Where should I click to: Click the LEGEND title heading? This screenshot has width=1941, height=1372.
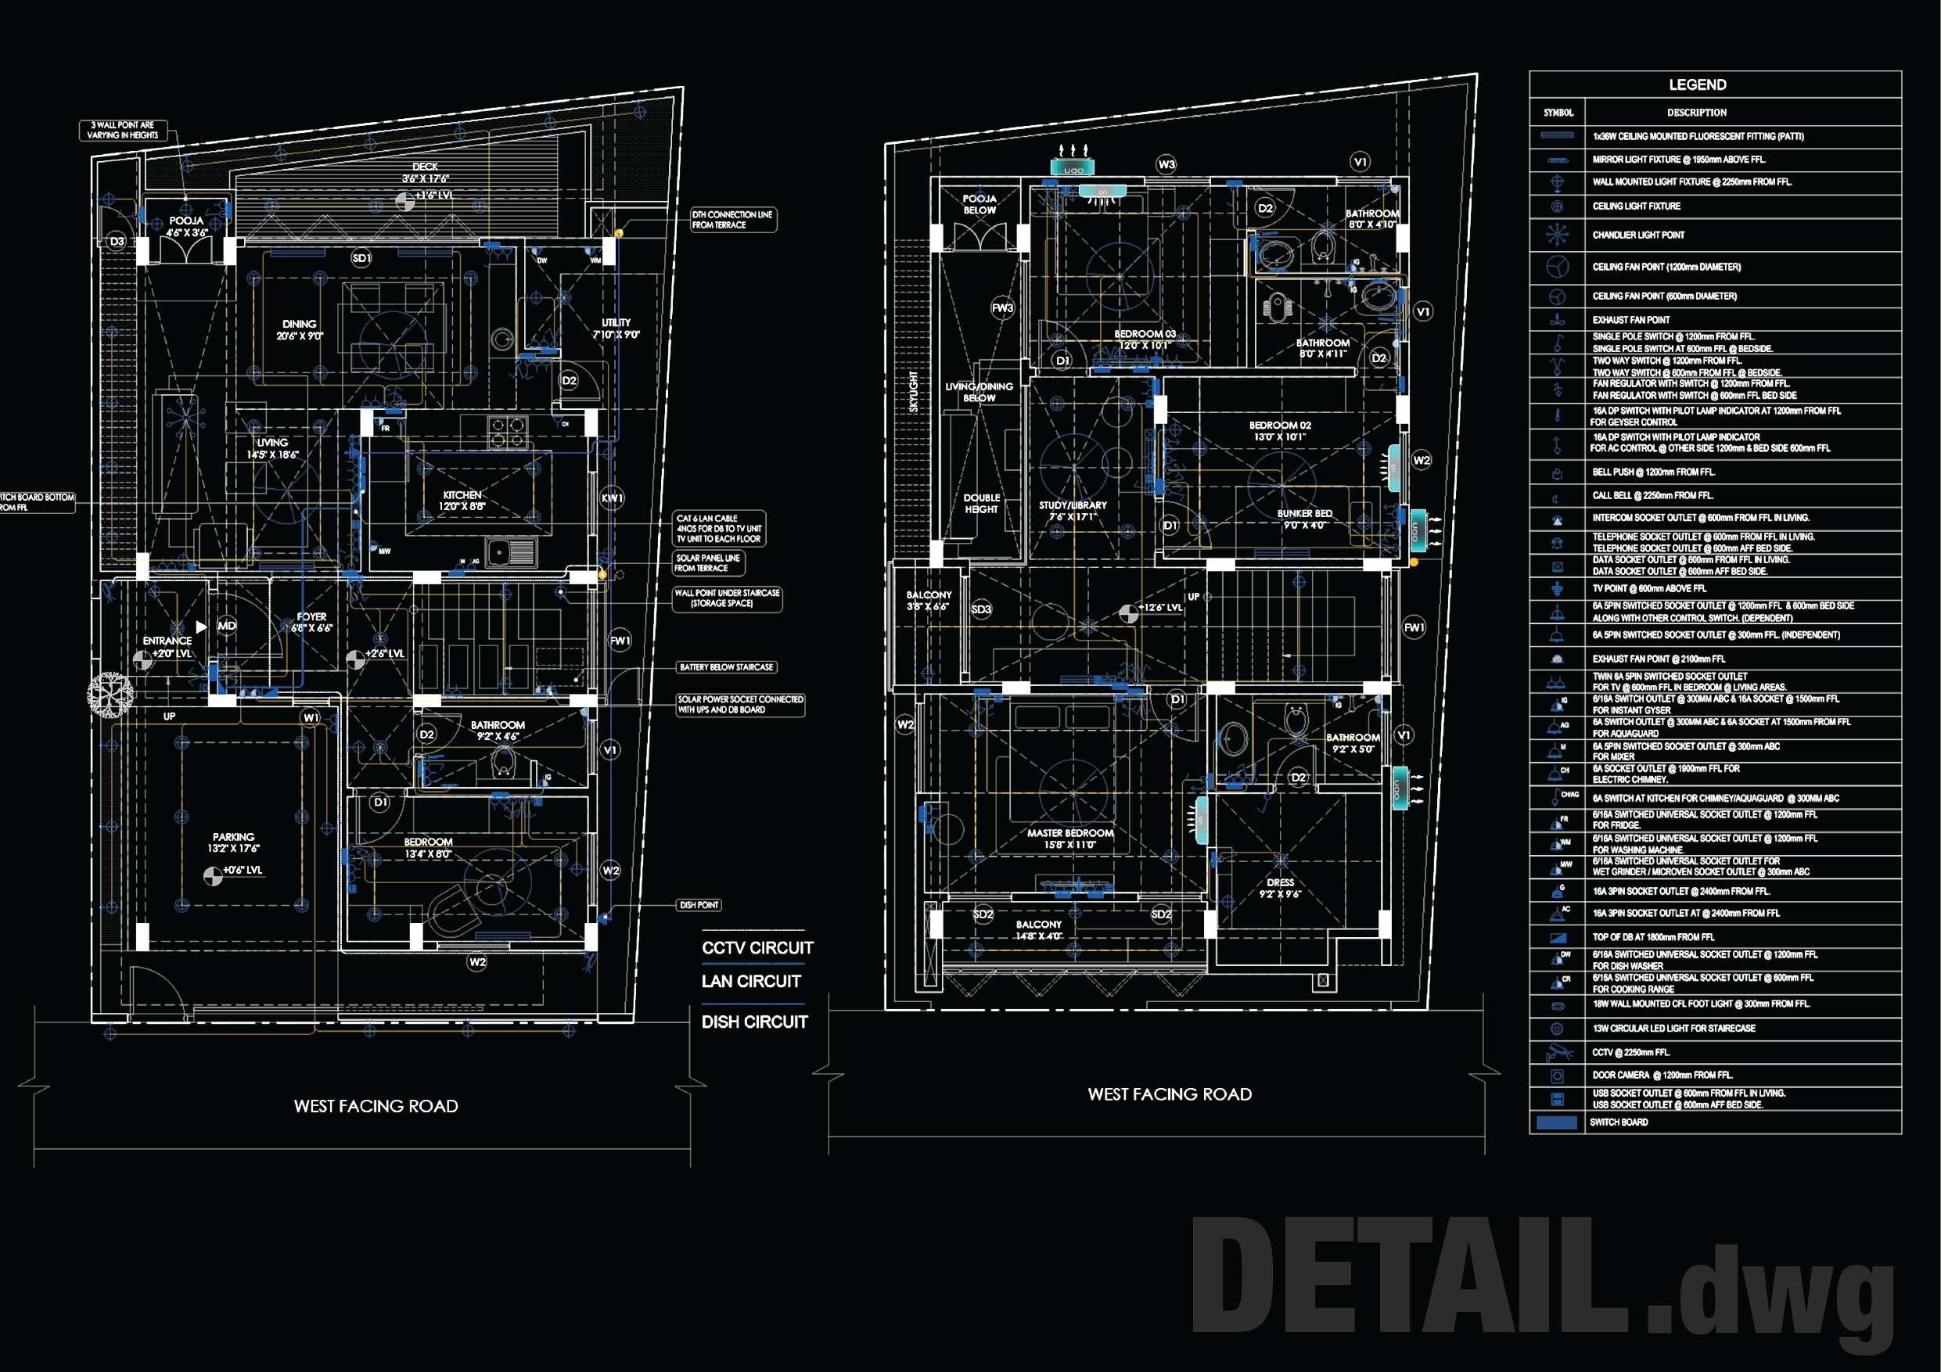[x=1697, y=84]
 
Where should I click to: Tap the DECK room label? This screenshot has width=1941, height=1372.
[x=426, y=167]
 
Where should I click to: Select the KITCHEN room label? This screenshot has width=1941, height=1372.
[x=462, y=495]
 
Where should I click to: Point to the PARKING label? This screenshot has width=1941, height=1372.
[x=233, y=837]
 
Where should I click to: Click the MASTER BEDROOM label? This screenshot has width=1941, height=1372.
[x=1070, y=834]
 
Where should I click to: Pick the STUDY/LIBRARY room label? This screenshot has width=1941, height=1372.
[x=1073, y=505]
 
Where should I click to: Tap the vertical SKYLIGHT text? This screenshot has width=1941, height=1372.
[x=914, y=392]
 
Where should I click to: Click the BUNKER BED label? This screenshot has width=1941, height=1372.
[x=1304, y=514]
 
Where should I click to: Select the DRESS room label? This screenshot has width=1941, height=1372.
[x=1280, y=882]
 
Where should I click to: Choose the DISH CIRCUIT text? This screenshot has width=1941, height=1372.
[x=754, y=1022]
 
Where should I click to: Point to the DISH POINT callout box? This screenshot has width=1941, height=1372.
[x=699, y=905]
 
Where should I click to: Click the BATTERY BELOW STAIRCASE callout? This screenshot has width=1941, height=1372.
[x=726, y=668]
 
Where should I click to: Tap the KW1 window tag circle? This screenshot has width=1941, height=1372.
[x=612, y=499]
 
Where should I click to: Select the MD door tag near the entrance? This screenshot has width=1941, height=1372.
[x=227, y=626]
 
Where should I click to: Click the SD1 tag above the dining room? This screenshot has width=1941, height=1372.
[x=361, y=258]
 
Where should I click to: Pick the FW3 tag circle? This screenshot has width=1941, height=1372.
[x=1003, y=308]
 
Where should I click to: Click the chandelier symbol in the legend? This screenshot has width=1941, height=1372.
[x=1557, y=235]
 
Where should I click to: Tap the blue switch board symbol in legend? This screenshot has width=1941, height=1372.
[x=1556, y=1122]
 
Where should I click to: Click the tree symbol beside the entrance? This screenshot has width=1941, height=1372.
[x=110, y=694]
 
